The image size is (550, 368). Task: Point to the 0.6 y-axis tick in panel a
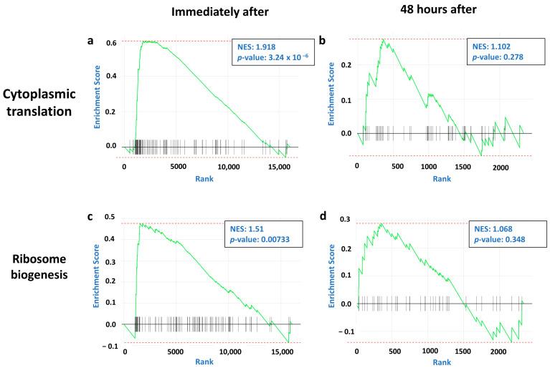[110, 42]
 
